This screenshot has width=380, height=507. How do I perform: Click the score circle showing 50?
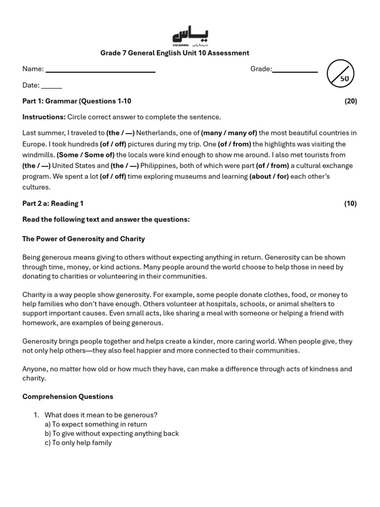340,74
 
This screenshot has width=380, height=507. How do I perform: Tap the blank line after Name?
100,70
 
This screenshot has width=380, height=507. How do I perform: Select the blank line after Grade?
295,70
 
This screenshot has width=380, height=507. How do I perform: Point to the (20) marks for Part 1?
350,101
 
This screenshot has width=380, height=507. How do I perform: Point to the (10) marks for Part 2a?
350,203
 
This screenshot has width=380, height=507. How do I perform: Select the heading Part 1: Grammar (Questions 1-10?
77,101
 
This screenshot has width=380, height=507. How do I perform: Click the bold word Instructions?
44,117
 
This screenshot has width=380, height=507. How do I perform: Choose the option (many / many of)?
229,133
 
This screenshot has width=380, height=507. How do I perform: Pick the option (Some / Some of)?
86,155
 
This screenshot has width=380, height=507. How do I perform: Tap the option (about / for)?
269,177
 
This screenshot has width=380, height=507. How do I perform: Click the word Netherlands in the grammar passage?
155,133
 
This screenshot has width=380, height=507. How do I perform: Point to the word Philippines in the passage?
160,166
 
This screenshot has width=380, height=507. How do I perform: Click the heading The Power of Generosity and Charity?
84,239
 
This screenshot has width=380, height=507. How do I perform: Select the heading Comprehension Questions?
68,397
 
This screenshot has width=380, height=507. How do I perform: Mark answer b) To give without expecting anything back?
111,433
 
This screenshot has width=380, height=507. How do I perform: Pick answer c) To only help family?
78,443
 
